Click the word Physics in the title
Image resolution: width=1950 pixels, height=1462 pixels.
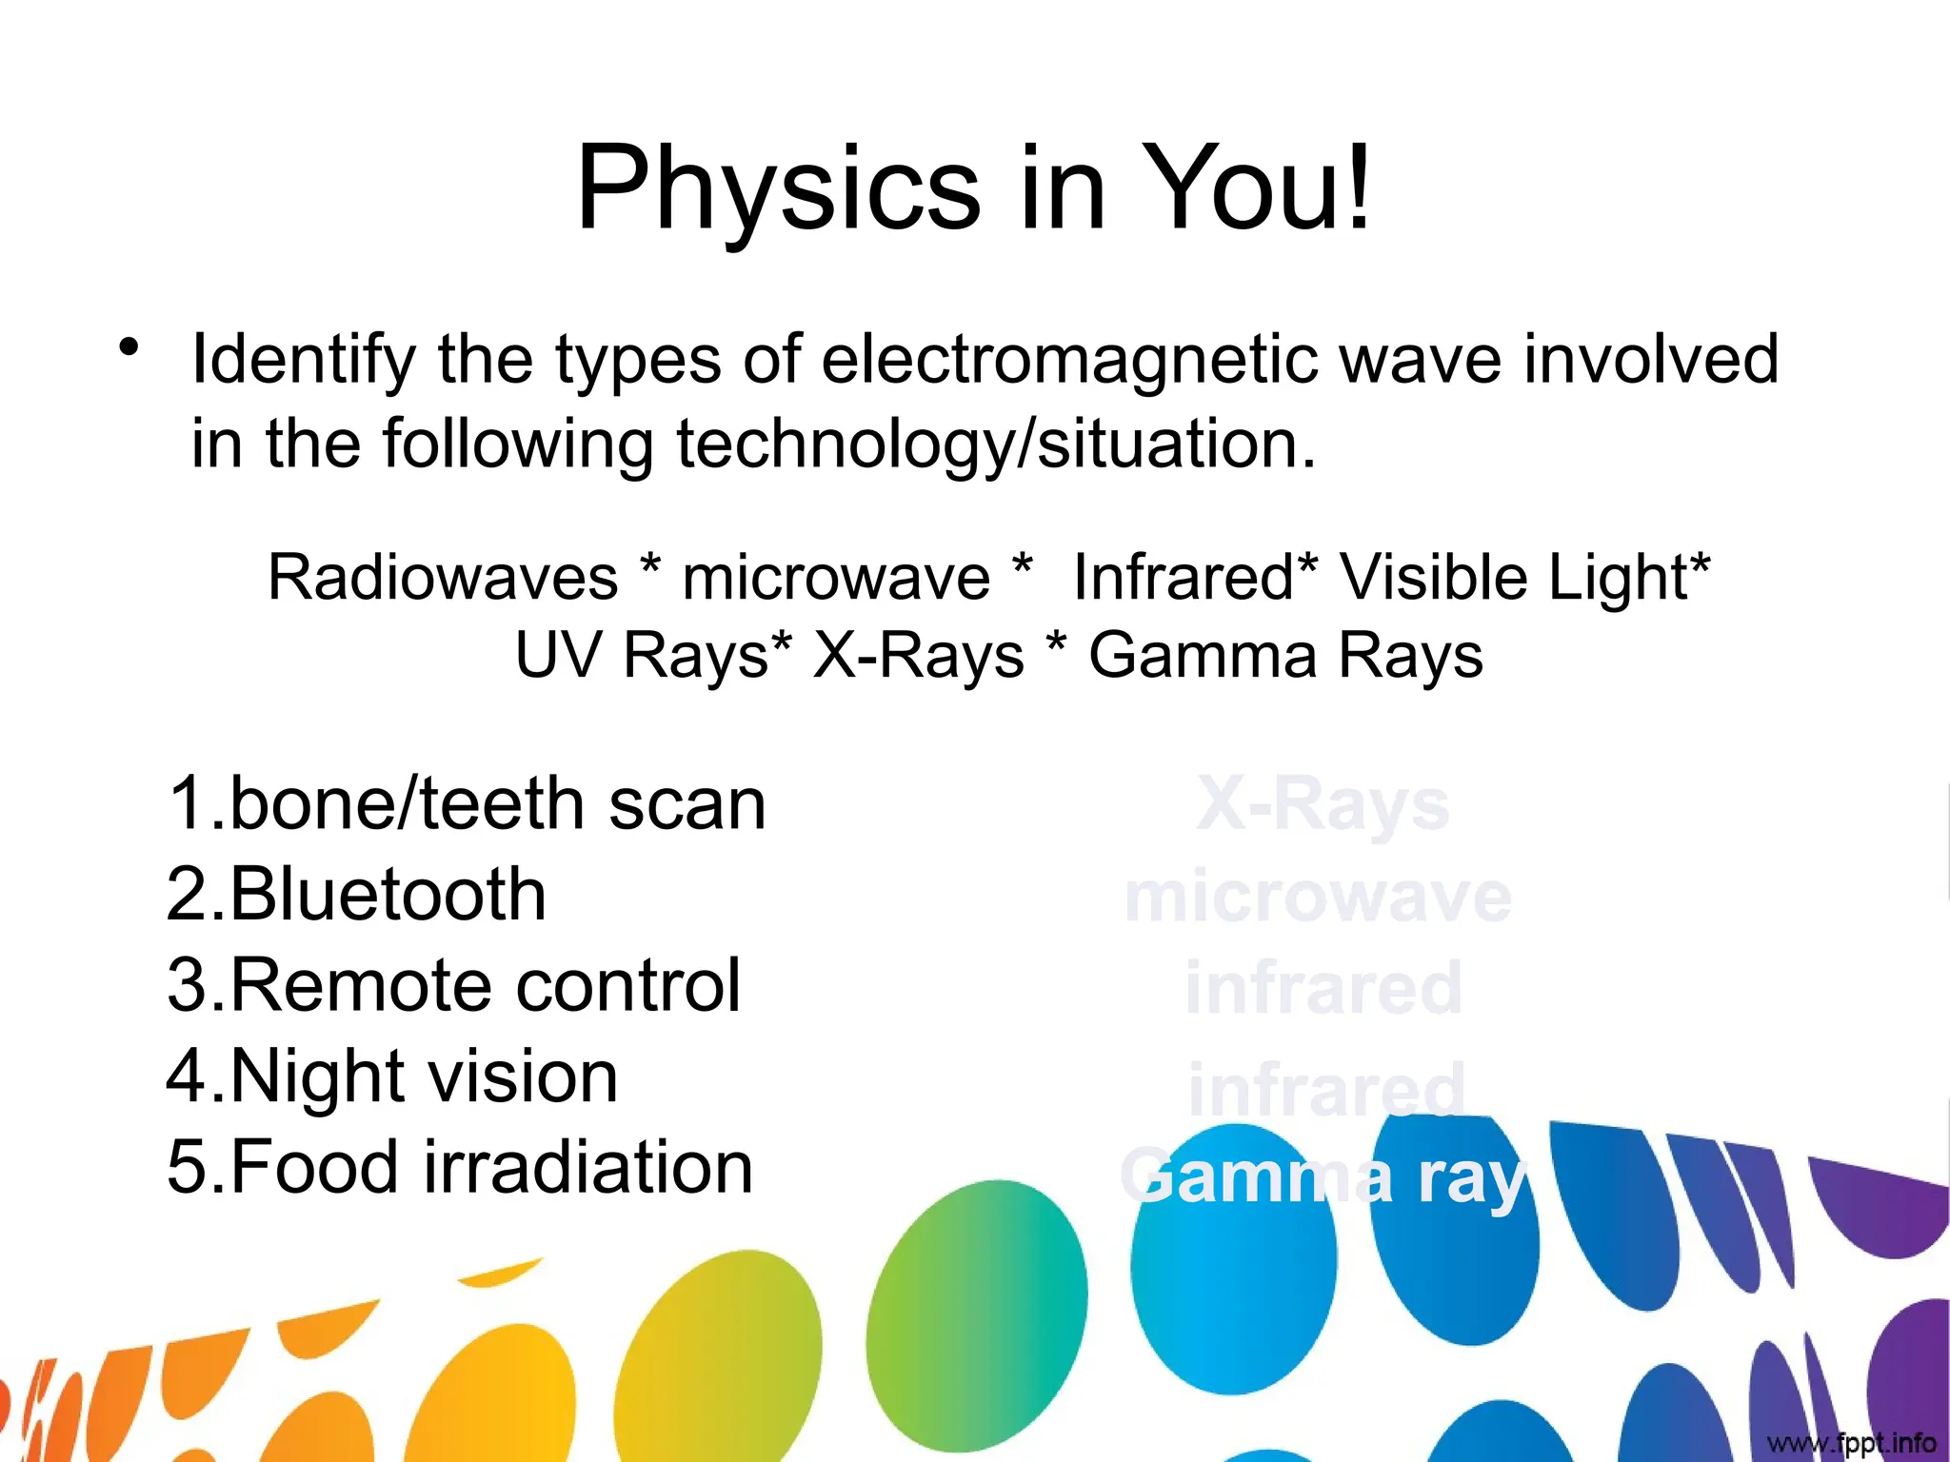(x=778, y=188)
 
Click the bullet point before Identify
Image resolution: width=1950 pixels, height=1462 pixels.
(x=129, y=347)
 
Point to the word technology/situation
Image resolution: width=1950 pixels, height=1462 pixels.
(x=996, y=445)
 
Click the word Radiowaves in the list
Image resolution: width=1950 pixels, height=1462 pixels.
(x=443, y=577)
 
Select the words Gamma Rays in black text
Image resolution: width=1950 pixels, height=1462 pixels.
(x=1285, y=656)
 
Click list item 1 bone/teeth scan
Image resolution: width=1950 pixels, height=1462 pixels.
(x=467, y=804)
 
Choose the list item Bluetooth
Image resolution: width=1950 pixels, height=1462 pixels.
(x=357, y=895)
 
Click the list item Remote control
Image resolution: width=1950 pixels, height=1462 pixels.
(x=454, y=985)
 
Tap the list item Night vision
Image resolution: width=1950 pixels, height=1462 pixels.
(x=392, y=1077)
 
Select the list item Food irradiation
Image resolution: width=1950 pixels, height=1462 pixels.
(x=460, y=1167)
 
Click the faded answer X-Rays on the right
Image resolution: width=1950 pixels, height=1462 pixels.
(x=1322, y=805)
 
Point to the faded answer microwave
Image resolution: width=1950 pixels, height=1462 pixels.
(x=1318, y=897)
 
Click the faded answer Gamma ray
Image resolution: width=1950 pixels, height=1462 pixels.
(x=1323, y=1178)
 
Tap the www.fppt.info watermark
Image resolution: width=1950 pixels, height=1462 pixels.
(x=1851, y=1443)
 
